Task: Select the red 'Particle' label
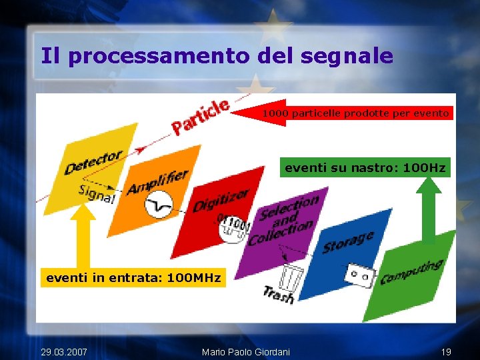coord(200,116)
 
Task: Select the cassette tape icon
coord(360,273)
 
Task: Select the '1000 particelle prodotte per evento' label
coord(355,113)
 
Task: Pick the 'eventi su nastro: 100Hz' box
coord(365,168)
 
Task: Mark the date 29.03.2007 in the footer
coord(63,351)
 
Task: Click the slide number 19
coord(446,351)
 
